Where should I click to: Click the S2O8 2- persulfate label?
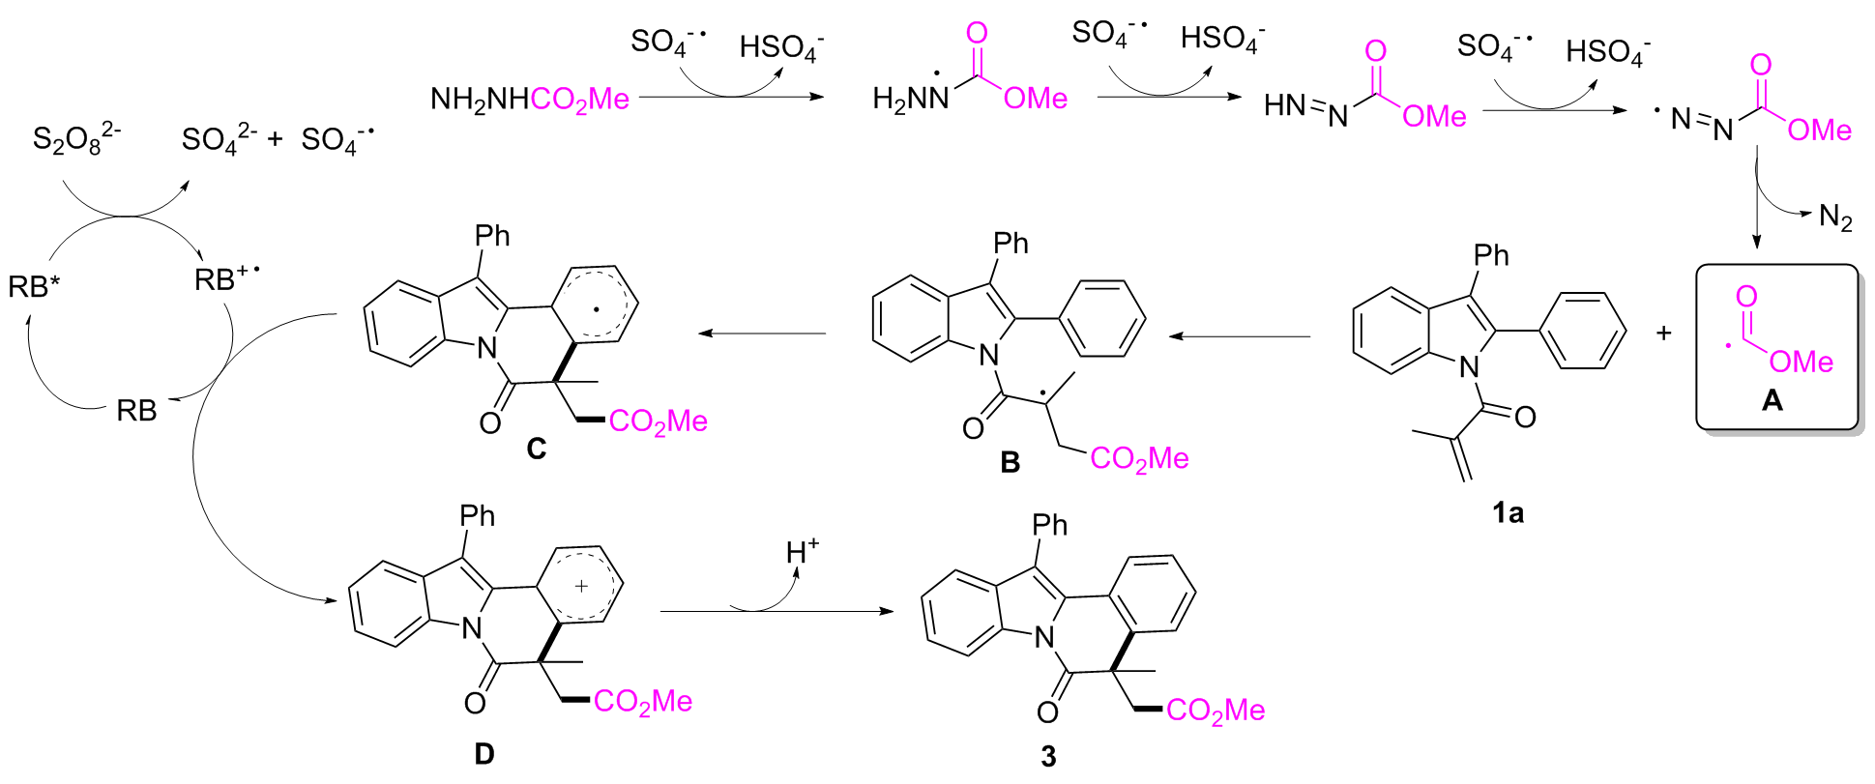pos(76,140)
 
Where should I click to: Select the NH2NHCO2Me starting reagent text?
pos(530,99)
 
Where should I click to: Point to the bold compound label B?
pos(1010,463)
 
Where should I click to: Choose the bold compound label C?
pos(537,449)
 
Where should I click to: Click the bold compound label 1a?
pos(1508,513)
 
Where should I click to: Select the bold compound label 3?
pos(1048,757)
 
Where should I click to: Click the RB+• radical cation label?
pos(226,279)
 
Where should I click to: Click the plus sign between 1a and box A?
pos(1663,334)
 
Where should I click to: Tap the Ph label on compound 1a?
pos(1490,255)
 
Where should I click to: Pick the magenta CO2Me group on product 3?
pos(1215,711)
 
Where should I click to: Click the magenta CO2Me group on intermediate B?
pos(1139,458)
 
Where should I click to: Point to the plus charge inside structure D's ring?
pos(581,586)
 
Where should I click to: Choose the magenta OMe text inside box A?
pos(1801,362)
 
